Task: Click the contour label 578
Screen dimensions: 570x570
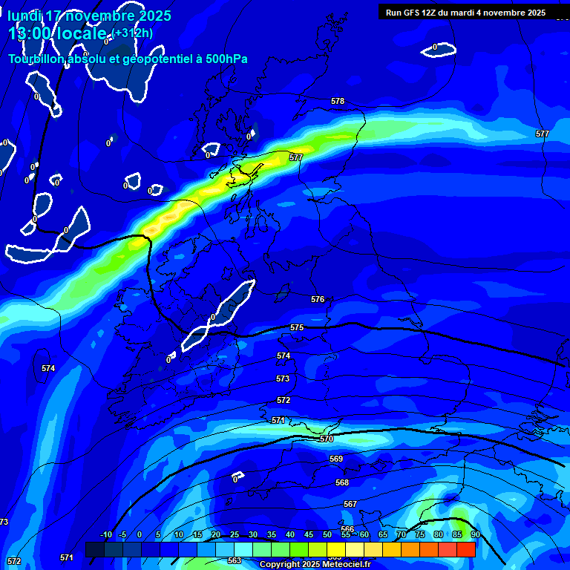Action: click(338, 101)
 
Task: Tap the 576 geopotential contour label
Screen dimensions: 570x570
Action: click(318, 299)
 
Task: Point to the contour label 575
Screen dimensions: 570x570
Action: click(297, 327)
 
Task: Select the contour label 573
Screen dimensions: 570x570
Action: click(283, 379)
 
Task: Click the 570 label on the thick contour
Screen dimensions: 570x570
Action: click(327, 439)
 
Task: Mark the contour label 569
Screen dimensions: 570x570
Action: click(336, 459)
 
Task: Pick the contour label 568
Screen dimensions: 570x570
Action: click(342, 482)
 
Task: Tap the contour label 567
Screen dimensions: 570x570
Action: click(350, 504)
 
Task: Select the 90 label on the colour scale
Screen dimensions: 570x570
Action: click(475, 534)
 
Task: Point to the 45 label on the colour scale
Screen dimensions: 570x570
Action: click(309, 534)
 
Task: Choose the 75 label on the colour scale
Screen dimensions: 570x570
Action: click(420, 534)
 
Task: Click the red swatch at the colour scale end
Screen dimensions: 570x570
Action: click(466, 549)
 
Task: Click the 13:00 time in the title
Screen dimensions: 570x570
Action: click(29, 33)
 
